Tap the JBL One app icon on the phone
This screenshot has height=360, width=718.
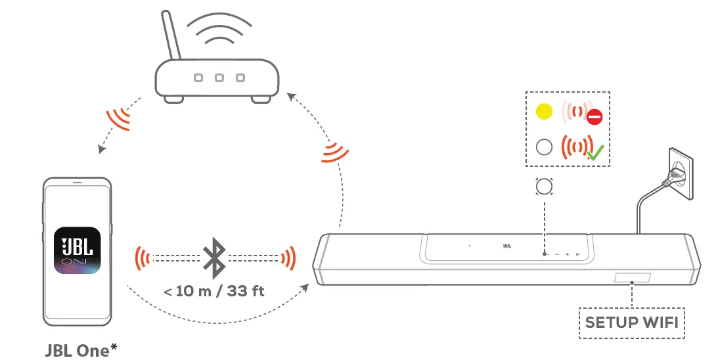coord(78,251)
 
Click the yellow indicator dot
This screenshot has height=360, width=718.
coord(544,112)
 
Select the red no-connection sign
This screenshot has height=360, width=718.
coord(595,118)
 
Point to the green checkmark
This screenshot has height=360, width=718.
coord(596,154)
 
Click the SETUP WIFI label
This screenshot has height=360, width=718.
coord(631,323)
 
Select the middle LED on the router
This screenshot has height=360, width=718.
coord(219,78)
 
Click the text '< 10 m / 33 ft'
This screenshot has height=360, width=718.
coord(215,290)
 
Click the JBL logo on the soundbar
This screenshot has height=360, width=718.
coord(506,246)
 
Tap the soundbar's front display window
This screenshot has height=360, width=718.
coord(633,279)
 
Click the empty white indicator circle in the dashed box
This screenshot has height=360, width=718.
coord(544,146)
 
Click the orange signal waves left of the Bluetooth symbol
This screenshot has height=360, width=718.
coord(141,257)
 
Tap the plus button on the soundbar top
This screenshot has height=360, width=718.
coord(566,254)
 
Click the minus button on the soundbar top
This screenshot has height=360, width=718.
coord(556,254)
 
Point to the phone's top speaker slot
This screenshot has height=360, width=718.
coord(78,182)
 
